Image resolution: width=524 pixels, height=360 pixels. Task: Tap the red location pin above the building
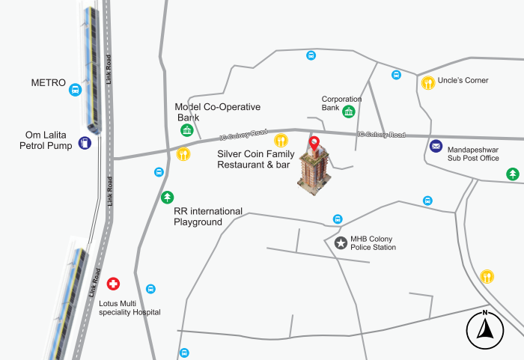[x=314, y=143]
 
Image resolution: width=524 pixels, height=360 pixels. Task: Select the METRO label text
[x=49, y=82]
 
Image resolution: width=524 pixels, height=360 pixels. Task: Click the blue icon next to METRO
[x=75, y=91]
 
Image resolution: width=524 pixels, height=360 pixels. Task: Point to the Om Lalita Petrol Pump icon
[x=85, y=142]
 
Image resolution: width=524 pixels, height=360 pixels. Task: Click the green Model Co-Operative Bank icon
[x=186, y=132]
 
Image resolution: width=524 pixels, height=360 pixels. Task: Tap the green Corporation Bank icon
[x=349, y=112]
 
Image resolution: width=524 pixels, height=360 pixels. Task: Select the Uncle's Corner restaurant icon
[x=427, y=83]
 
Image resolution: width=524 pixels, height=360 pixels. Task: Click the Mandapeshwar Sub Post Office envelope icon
[x=436, y=147]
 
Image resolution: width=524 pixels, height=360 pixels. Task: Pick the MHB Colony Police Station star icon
[x=341, y=242]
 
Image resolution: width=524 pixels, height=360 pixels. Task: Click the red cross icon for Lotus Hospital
[x=113, y=284]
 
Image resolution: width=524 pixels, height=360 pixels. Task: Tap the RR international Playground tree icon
[x=168, y=198]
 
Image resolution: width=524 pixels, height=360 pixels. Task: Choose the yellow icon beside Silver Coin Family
[x=281, y=140]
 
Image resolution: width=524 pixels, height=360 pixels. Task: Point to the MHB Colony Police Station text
[x=373, y=242]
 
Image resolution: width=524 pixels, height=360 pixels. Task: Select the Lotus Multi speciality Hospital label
[x=130, y=308]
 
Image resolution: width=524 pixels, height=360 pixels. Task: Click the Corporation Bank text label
[x=341, y=103]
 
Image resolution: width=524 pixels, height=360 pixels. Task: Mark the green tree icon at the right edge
[x=513, y=174]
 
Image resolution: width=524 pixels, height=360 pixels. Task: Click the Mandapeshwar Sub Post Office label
[x=473, y=153]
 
